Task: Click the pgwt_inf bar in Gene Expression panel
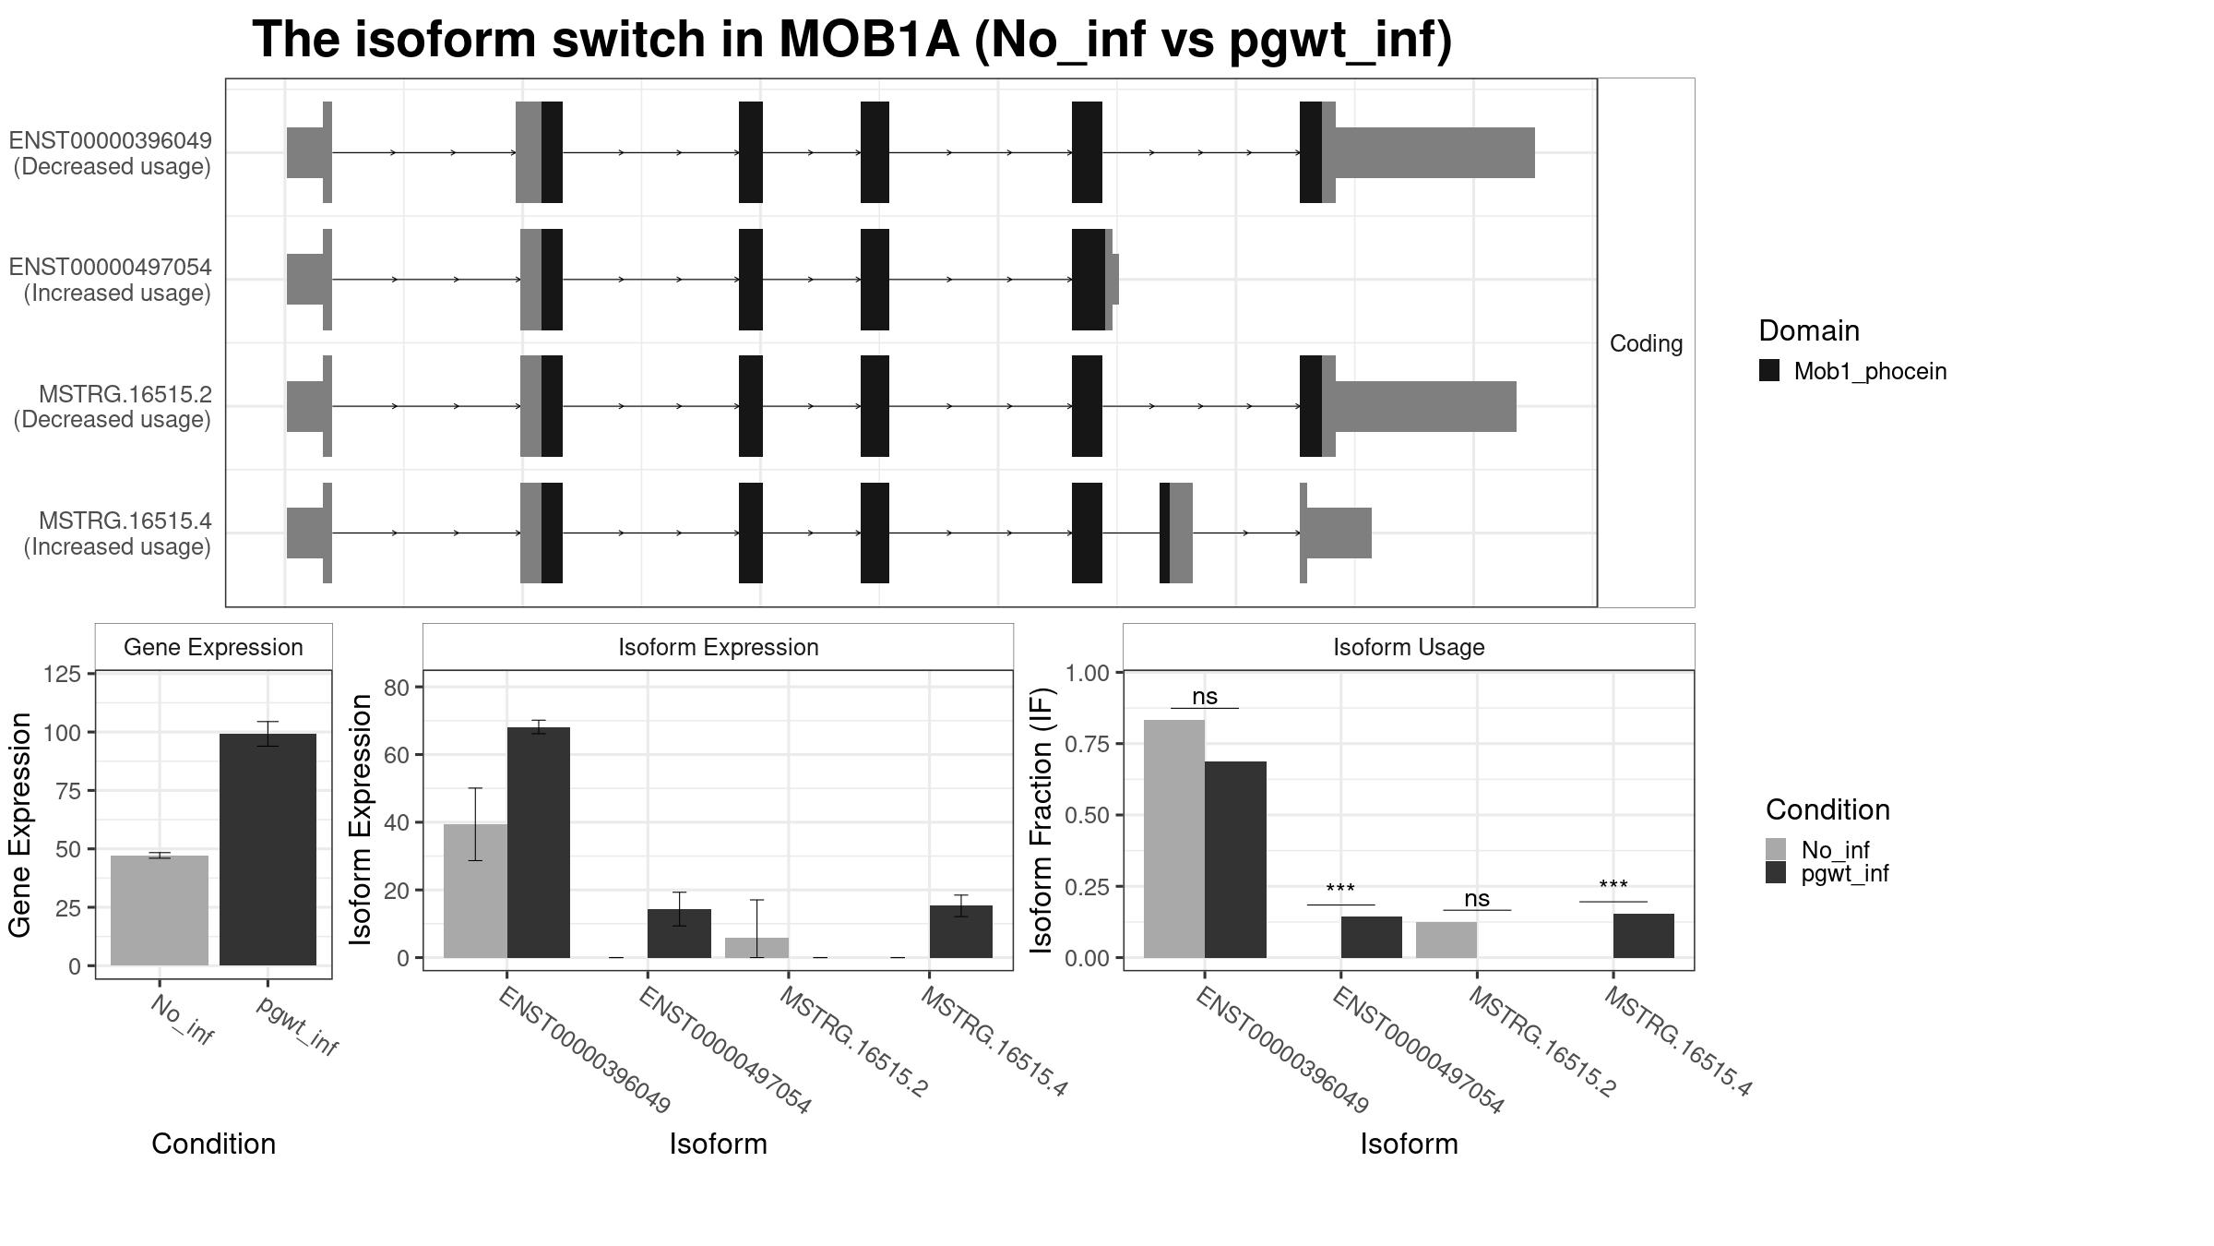(268, 849)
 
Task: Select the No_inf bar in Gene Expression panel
(160, 910)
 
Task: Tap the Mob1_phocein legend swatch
(1768, 371)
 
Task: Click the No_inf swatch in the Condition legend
(1776, 849)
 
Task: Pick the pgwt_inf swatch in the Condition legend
(1776, 873)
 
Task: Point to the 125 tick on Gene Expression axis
(62, 675)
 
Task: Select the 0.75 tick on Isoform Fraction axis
(1089, 744)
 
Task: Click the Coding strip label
(1646, 343)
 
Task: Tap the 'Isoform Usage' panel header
(1408, 647)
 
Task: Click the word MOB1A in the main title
(869, 41)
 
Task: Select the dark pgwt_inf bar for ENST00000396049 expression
(539, 842)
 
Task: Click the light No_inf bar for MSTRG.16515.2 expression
(756, 948)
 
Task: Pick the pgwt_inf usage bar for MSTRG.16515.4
(1643, 936)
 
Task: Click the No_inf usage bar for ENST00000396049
(1173, 838)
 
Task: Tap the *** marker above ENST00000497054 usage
(1339, 890)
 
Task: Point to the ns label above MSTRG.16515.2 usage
(1476, 898)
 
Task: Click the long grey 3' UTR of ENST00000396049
(1434, 152)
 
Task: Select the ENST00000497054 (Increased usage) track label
(111, 280)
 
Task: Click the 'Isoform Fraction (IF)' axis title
(1042, 820)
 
